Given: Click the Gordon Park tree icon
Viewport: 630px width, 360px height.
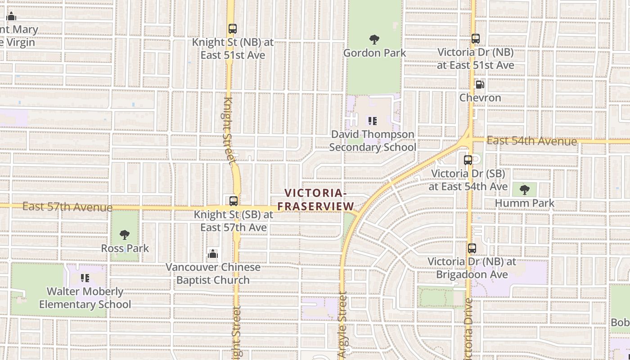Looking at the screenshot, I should (374, 40).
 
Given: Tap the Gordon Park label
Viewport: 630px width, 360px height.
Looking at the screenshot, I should (374, 53).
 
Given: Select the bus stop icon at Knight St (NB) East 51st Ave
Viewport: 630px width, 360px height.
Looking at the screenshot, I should (232, 29).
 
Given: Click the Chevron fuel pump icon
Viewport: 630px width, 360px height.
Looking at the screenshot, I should (480, 84).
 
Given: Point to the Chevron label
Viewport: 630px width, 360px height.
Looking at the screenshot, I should (480, 98).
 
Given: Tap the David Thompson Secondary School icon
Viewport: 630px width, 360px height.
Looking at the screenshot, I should (373, 121).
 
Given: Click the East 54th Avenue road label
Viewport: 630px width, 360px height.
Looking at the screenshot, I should (531, 141).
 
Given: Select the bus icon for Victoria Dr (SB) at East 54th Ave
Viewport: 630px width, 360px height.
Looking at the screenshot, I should (468, 160).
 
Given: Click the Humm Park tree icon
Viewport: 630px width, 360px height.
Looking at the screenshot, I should (524, 189).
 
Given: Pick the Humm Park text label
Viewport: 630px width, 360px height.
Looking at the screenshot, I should (525, 203).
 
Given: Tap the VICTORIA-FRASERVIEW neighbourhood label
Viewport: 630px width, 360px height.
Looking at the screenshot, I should (316, 200).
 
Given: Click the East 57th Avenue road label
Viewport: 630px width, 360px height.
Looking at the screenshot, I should (67, 207).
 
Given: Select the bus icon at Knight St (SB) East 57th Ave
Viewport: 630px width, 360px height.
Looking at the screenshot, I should (233, 201).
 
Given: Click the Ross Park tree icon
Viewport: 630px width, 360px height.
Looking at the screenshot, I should (125, 235).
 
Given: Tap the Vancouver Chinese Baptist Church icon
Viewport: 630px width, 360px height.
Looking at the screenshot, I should (213, 254).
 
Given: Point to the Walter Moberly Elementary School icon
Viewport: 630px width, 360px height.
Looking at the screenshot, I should (85, 278).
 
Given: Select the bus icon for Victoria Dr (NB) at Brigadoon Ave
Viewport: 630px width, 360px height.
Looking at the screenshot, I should (472, 248).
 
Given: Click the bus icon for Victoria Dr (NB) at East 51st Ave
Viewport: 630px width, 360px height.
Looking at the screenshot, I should (476, 39).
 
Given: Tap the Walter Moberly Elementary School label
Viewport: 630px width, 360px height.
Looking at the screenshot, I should (85, 298).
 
